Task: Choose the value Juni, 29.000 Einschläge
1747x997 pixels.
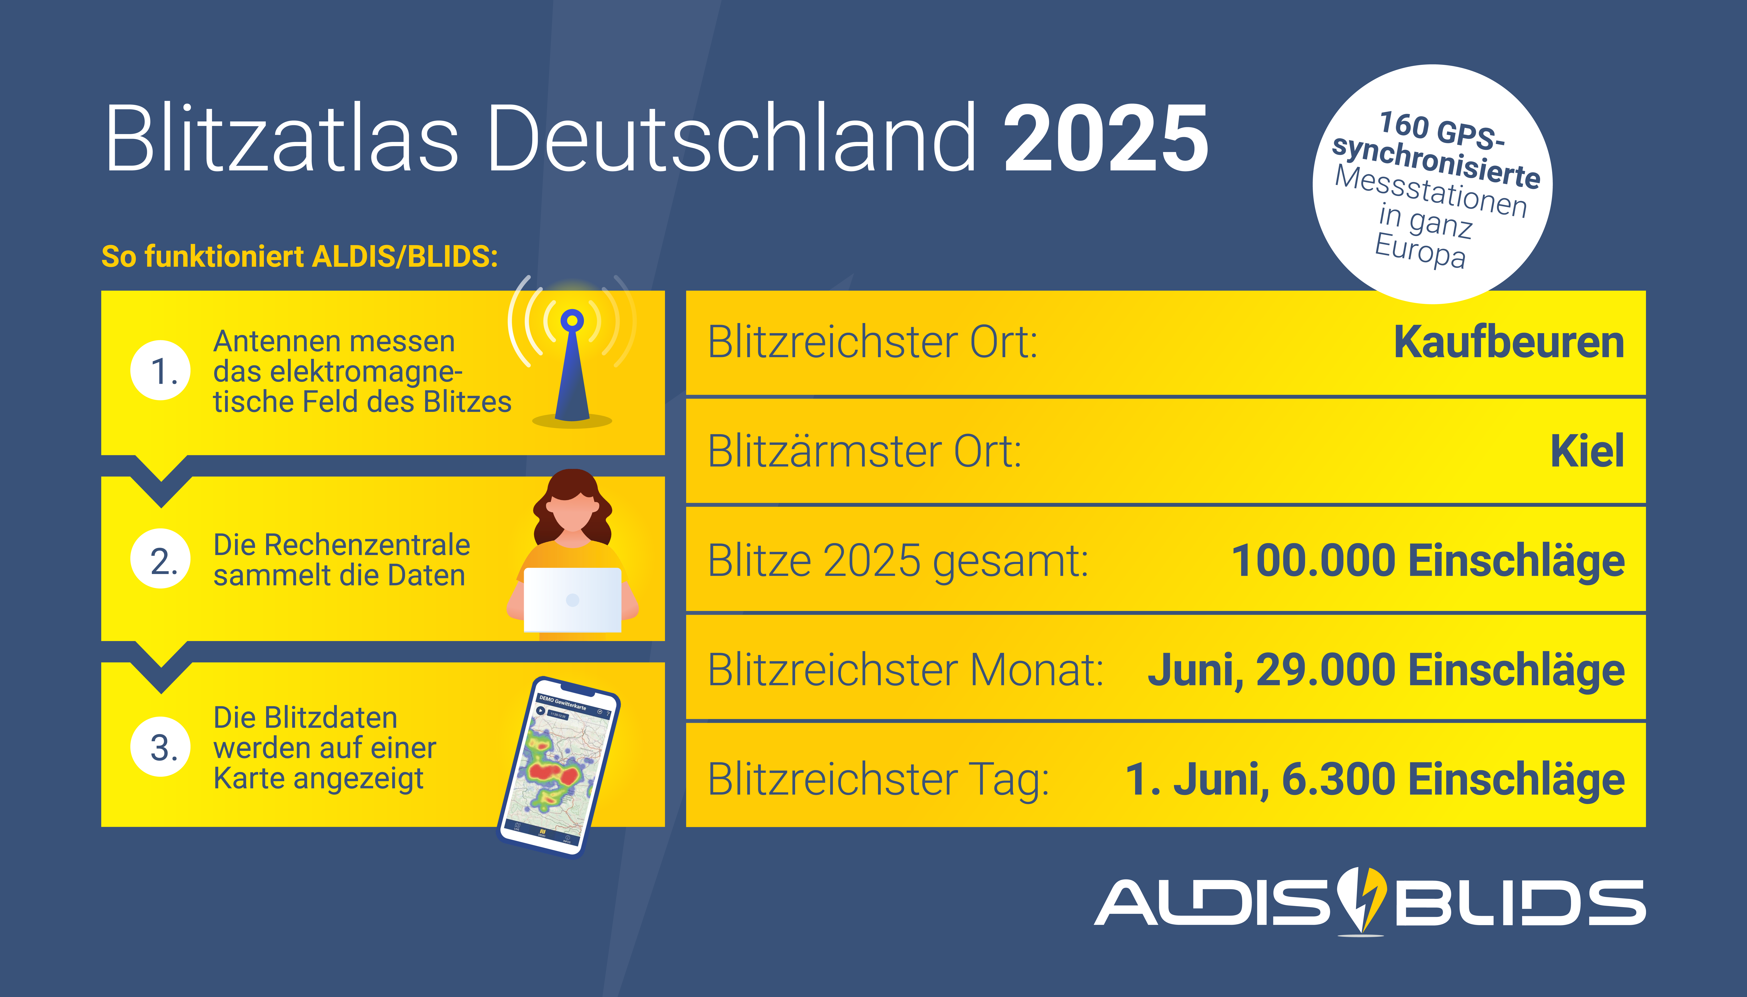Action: pyautogui.click(x=1386, y=670)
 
